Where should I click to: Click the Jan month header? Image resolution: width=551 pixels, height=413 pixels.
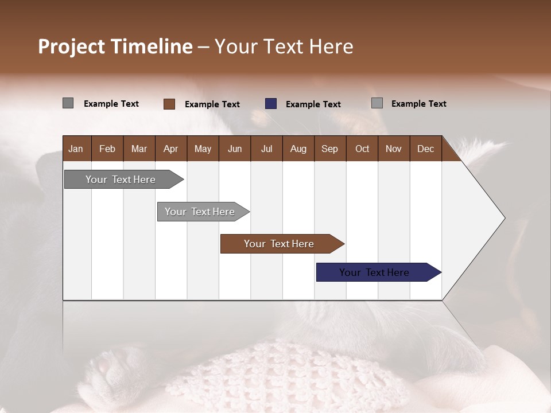point(76,149)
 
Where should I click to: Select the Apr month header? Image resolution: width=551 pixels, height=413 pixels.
point(171,149)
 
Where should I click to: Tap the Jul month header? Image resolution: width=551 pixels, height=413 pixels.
point(266,149)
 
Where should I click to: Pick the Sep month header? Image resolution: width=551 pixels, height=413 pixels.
point(329,149)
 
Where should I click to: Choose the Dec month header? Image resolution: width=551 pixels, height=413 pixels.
point(425,149)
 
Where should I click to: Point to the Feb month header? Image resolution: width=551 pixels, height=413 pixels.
point(107,149)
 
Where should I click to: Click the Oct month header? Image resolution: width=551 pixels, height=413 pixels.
point(362,149)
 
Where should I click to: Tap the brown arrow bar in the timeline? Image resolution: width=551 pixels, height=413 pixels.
point(280,244)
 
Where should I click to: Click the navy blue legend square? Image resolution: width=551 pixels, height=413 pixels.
point(271,104)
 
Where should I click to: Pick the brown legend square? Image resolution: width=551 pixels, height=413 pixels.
point(169,104)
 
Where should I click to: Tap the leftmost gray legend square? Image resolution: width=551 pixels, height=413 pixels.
point(68,103)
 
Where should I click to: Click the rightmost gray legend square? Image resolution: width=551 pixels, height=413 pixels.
point(377,103)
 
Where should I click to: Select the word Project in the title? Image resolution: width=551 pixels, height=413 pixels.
point(72,46)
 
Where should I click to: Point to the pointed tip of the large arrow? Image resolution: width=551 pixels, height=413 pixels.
point(504,218)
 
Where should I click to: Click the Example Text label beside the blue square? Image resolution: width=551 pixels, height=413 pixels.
point(313,104)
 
